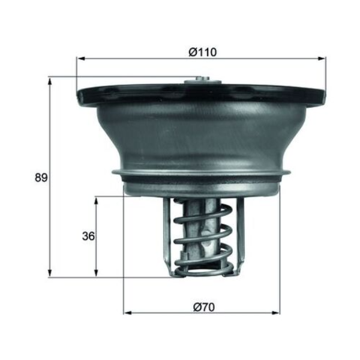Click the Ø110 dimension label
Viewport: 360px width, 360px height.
[x=203, y=52]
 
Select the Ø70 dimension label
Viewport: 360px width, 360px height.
[x=204, y=307]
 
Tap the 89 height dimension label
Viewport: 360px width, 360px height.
[x=41, y=178]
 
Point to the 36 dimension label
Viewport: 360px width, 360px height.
[x=88, y=236]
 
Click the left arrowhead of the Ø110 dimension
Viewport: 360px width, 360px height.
[x=81, y=59]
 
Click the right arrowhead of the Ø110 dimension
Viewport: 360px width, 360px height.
[x=322, y=59]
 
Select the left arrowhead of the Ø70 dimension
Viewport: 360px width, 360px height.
[x=128, y=313]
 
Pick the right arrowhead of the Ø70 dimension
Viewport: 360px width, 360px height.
[x=276, y=313]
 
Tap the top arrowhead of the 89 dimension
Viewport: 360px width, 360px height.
[x=50, y=82]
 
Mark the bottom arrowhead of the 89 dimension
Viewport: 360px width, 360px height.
[x=50, y=273]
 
